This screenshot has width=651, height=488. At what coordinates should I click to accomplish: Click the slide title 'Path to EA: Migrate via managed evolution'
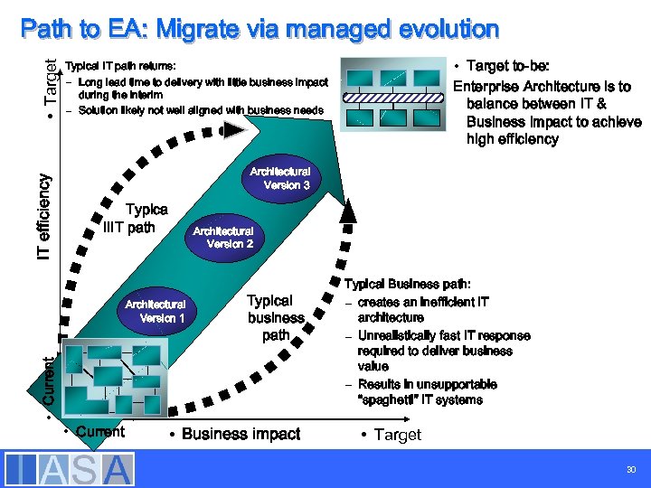[259, 29]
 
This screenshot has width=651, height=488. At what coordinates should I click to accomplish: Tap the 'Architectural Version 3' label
[280, 178]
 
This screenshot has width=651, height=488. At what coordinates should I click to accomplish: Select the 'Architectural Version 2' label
[222, 237]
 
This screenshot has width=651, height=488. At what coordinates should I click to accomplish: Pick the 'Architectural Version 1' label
[156, 311]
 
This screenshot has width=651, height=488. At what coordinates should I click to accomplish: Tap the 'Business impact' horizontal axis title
[241, 434]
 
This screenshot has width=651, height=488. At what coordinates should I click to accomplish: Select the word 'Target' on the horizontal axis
[397, 435]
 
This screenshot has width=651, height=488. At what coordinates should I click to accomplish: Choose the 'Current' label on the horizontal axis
[100, 432]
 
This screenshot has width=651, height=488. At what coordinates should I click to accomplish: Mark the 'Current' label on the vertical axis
[52, 380]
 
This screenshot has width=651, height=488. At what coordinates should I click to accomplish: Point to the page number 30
[629, 470]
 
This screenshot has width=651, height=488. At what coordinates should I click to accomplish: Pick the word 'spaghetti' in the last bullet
[387, 399]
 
